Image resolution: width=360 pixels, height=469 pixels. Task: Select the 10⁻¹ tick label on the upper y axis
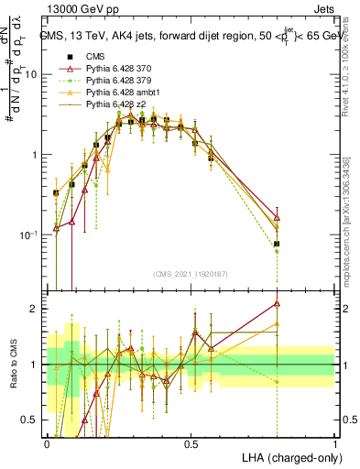(x=30, y=235)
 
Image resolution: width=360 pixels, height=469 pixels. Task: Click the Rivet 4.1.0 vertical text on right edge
(x=351, y=63)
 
